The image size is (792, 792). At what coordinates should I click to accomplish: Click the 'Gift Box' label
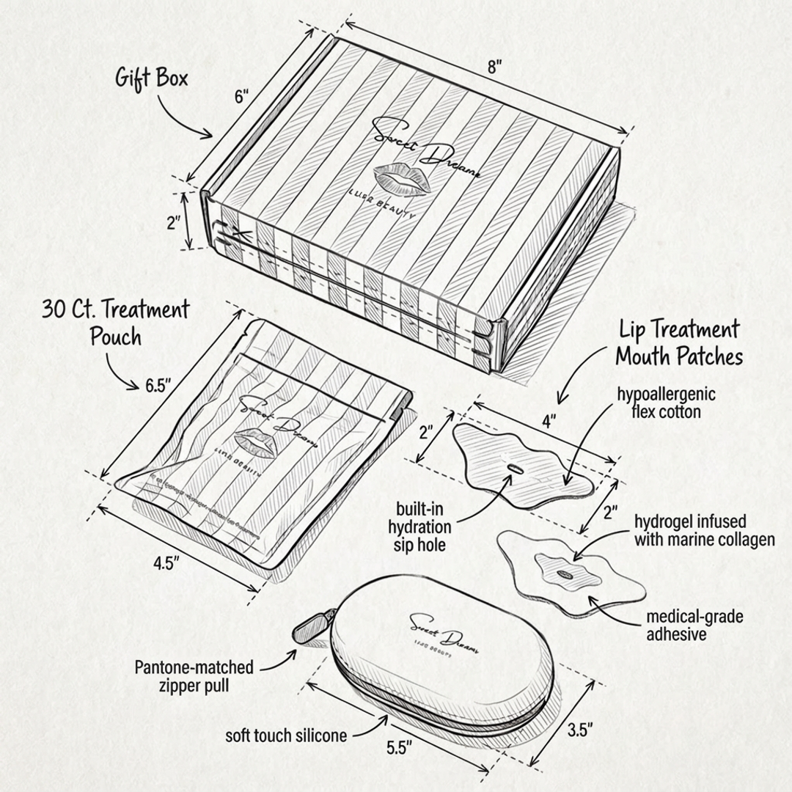point(152,78)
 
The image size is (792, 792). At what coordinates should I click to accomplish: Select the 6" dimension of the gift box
point(242,96)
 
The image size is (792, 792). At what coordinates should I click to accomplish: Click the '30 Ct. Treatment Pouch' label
point(115,322)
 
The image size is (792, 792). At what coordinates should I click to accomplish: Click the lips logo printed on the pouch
point(254,444)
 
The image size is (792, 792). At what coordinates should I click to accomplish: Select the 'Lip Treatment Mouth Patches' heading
point(678,342)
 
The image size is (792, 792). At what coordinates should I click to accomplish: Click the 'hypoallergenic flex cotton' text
point(666,403)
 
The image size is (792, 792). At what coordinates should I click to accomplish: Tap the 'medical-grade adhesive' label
point(694,625)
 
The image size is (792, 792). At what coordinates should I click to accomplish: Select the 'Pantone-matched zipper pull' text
point(194,676)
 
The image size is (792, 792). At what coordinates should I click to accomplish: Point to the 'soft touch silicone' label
point(286,735)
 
